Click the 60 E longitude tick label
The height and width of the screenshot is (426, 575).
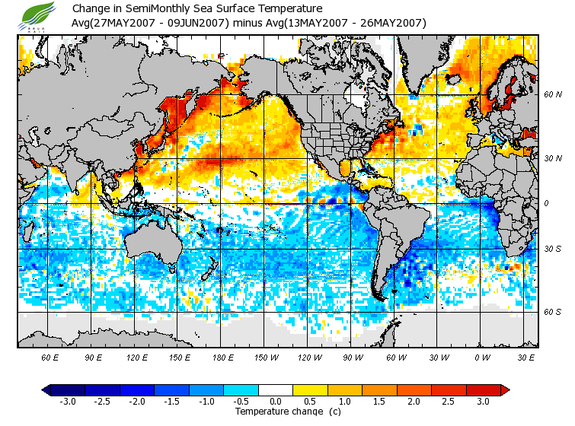coord(50,357)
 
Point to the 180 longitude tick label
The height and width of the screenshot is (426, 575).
coord(222,357)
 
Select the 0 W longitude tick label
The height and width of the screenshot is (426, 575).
coord(481,357)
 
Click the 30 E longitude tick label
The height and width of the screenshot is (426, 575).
coord(526,357)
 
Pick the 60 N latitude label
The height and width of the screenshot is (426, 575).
coord(553,95)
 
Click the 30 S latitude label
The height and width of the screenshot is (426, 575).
coord(553,250)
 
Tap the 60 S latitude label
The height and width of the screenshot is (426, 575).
coord(553,312)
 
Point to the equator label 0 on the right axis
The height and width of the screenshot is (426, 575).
coord(546,203)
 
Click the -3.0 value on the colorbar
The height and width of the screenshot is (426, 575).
coord(67,402)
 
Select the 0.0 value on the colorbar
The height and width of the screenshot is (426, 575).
coord(275,402)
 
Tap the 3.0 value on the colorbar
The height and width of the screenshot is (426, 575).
coord(484,402)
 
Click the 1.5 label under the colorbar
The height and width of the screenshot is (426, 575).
coord(379,402)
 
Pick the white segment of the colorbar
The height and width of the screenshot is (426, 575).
coord(275,390)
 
